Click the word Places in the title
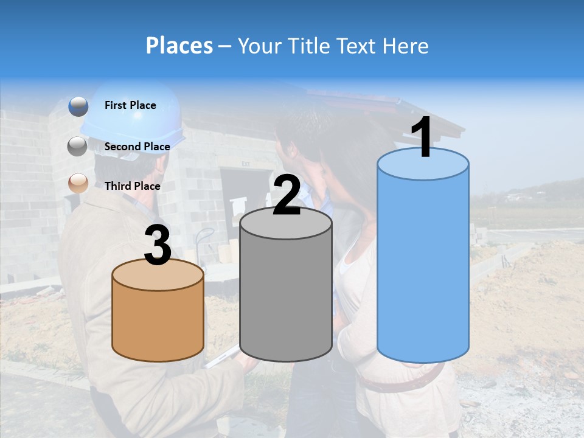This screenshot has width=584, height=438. pyautogui.click(x=179, y=46)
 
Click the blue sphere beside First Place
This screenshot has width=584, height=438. pyautogui.click(x=78, y=106)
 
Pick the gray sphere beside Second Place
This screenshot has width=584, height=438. pyautogui.click(x=78, y=147)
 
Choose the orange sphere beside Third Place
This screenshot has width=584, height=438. pyautogui.click(x=78, y=183)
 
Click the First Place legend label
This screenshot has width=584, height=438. pyautogui.click(x=130, y=105)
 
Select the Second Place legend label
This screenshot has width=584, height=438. pyautogui.click(x=137, y=147)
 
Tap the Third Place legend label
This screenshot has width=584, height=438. pyautogui.click(x=133, y=186)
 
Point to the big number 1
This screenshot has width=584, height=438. pyautogui.click(x=422, y=138)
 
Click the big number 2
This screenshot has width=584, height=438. pyautogui.click(x=287, y=195)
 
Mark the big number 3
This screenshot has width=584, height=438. pyautogui.click(x=158, y=246)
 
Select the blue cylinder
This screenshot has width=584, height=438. pyautogui.click(x=423, y=268)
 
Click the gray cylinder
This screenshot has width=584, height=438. pyautogui.click(x=286, y=298)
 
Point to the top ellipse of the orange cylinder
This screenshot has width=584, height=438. pyautogui.click(x=158, y=275)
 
